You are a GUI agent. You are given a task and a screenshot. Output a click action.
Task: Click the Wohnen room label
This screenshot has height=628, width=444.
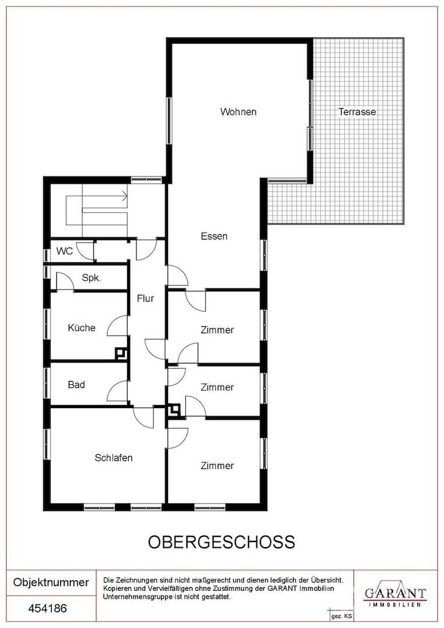click(x=238, y=112)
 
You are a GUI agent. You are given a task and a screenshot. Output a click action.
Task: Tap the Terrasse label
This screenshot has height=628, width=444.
click(x=357, y=112)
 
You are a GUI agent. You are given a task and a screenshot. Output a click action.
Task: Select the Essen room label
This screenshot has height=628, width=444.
click(x=214, y=236)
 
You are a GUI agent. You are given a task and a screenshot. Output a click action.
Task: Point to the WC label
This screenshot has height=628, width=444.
click(x=65, y=251)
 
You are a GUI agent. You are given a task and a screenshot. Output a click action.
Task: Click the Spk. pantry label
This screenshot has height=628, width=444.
click(x=91, y=277)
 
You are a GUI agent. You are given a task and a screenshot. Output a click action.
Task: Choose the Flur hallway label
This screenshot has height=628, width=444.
click(x=145, y=298)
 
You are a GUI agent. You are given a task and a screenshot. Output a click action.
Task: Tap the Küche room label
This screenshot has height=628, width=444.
click(x=82, y=327)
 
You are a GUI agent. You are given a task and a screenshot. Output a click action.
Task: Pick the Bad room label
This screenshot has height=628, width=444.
click(x=77, y=385)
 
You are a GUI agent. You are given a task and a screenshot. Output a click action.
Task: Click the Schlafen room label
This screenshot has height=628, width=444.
click(x=114, y=458)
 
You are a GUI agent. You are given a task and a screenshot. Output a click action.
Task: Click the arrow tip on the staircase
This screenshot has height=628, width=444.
click(x=127, y=197)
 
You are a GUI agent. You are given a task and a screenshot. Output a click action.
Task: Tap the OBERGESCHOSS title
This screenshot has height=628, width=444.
click(x=222, y=543)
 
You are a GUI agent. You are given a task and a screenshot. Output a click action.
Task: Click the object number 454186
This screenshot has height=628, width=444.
click(x=48, y=608)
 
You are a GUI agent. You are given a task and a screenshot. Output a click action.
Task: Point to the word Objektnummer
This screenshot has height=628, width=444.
click(x=51, y=582)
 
